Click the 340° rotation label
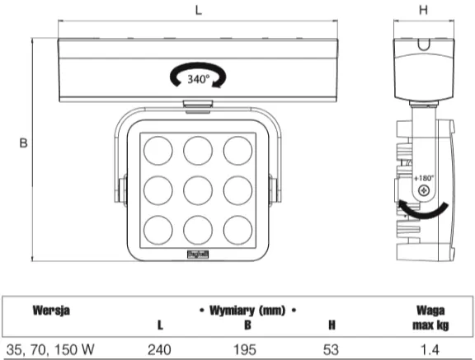tap(199, 79)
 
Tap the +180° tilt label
tap(424, 178)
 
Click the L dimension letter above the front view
tap(199, 10)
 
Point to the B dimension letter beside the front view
tap(23, 143)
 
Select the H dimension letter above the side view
tap(423, 10)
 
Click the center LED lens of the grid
tap(198, 190)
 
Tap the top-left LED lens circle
tap(158, 151)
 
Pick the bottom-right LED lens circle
tap(237, 230)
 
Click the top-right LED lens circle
tap(237, 151)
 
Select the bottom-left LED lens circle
tap(158, 230)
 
